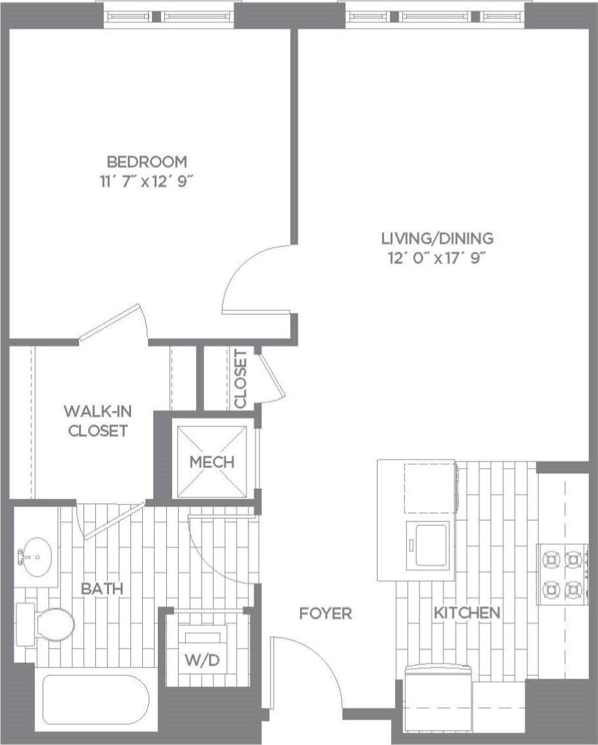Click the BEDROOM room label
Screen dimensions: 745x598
[x=147, y=161]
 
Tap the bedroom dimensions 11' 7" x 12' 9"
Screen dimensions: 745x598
[x=147, y=181]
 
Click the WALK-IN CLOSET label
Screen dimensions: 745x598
[x=95, y=420]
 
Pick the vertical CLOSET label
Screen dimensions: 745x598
[x=241, y=379]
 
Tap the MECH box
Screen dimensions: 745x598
[x=212, y=461]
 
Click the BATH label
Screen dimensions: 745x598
[x=102, y=589]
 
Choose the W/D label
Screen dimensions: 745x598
[x=202, y=660]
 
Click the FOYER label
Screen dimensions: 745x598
[x=325, y=613]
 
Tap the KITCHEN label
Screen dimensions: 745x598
[x=467, y=613]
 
